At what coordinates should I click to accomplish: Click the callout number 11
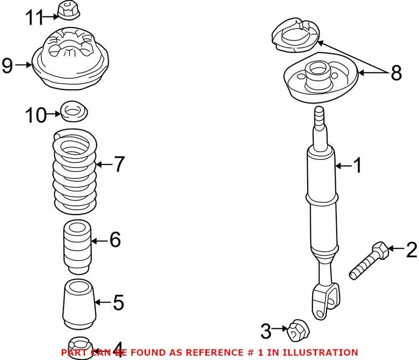(35, 18)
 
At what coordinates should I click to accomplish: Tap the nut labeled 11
(66, 9)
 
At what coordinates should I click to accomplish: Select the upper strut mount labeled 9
(70, 61)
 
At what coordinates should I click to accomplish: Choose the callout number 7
(119, 164)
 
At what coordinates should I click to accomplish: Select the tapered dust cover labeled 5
(78, 304)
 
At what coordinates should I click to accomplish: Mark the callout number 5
(118, 302)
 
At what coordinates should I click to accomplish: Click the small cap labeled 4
(79, 345)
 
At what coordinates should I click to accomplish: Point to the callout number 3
(266, 330)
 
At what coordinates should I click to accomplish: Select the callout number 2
(411, 251)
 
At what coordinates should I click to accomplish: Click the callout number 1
(357, 166)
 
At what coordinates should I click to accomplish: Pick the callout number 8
(396, 73)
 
